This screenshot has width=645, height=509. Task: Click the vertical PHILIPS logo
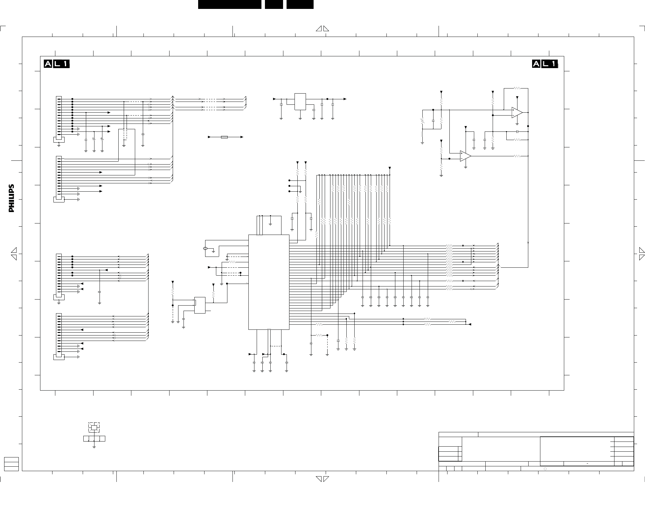(11, 198)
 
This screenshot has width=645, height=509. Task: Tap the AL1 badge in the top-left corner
(57, 64)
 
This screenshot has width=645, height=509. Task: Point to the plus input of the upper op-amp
(513, 110)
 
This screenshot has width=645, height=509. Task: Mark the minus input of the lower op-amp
(461, 159)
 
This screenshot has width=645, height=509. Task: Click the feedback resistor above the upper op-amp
(517, 88)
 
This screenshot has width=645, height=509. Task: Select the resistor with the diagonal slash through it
(422, 121)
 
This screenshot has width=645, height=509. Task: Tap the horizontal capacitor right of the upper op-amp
(517, 131)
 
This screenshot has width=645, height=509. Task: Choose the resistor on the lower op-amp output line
(517, 156)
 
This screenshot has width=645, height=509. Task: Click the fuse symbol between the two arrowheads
(225, 137)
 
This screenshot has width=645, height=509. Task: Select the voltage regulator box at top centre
(300, 102)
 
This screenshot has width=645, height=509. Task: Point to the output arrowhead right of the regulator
(345, 99)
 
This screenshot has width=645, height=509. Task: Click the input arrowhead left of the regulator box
(275, 99)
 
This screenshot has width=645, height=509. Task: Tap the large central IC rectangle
(269, 282)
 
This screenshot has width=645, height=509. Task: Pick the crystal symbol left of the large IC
(205, 248)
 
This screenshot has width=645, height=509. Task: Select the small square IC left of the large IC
(200, 305)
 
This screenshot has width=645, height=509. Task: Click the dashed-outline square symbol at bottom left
(94, 427)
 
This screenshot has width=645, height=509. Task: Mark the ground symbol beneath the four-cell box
(94, 447)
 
